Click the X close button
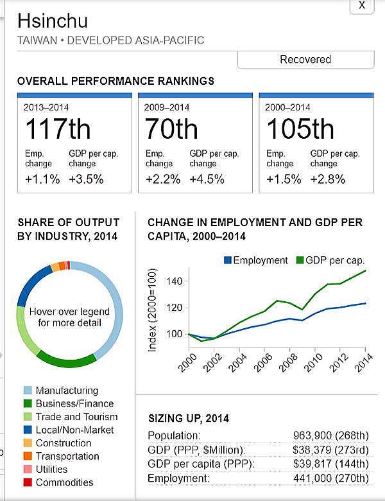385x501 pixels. [x=362, y=5]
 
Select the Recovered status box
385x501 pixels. [x=305, y=60]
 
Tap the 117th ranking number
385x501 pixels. [x=58, y=129]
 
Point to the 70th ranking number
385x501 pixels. [x=171, y=129]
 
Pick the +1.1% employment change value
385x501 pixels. [x=42, y=179]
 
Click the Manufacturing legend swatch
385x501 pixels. [x=28, y=391]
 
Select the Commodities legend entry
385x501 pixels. [x=64, y=482]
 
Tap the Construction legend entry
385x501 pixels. [x=63, y=443]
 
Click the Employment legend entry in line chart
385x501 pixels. [x=255, y=260]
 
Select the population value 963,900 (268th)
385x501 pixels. [x=330, y=435]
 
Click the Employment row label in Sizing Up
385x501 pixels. [x=178, y=479]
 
